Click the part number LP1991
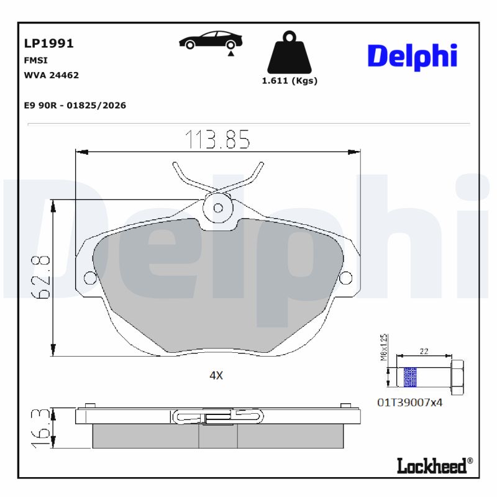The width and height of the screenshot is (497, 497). [x=48, y=43]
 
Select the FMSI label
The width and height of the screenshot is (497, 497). [x=35, y=60]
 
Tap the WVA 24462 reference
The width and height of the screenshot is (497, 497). [x=51, y=75]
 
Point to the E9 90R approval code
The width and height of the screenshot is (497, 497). [x=75, y=106]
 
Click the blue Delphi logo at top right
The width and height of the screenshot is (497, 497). [x=412, y=56]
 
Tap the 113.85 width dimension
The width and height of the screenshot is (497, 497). [x=217, y=140]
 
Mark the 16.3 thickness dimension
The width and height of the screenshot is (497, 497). [x=42, y=428]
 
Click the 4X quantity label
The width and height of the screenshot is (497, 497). [x=216, y=375]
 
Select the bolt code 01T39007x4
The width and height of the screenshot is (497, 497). [x=409, y=402]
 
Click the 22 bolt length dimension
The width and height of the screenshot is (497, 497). [x=424, y=352]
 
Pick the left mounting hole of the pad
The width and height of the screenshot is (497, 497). [x=89, y=276]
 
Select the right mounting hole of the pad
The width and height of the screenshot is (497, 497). [x=345, y=276]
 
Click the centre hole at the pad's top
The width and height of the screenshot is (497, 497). [x=218, y=207]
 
